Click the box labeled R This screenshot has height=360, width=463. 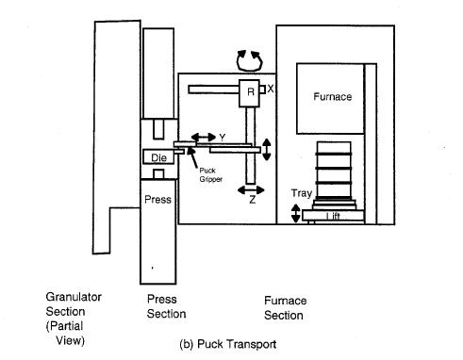pos(249,93)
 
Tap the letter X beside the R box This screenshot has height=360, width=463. pos(271,89)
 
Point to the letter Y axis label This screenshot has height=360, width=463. pos(223,138)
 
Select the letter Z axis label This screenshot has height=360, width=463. pos(252,200)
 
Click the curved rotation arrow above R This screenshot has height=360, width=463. pos(249,60)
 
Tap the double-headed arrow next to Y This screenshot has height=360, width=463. pos(204,137)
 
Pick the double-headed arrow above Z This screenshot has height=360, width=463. pos(251,190)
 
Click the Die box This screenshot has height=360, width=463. pos(158,156)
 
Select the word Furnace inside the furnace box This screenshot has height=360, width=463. pos(333,96)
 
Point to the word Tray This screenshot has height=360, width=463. pos(302,193)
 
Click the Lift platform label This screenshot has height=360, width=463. pos(333,216)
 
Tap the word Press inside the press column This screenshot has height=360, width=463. pos(157,200)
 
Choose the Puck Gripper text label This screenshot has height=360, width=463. pos(210,175)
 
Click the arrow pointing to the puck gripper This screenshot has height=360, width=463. pos(192,157)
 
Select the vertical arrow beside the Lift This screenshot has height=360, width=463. pos(295,213)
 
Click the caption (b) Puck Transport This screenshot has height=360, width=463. pos(228,344)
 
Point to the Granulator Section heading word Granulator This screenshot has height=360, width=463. pos(74,297)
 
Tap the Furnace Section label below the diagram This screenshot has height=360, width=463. pos(285,308)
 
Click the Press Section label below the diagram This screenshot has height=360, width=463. pos(166,306)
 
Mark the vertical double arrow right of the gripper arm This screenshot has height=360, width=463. pos(267,150)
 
